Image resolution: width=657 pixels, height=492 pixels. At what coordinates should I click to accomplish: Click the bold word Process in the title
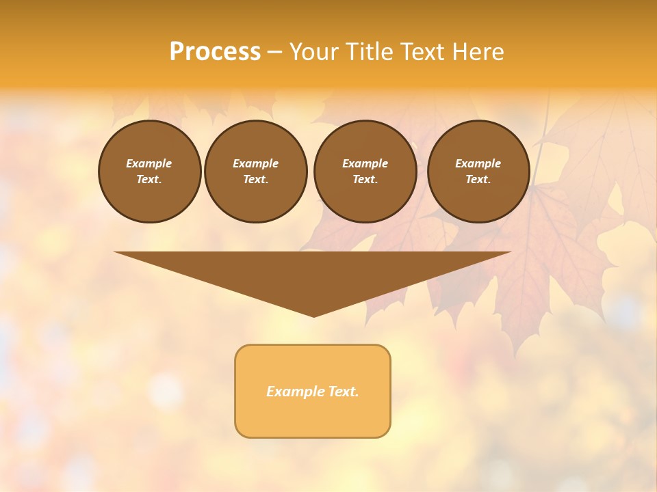pos(215,52)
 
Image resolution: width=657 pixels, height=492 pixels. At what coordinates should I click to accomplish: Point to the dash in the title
pos(274,53)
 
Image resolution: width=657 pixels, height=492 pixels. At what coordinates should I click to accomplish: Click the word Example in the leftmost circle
pos(149,163)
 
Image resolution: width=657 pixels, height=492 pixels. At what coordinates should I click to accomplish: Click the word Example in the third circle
pos(365,163)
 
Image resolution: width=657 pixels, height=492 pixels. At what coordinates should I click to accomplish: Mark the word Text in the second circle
pos(255,179)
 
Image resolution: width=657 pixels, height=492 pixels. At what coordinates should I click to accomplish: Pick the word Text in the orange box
pos(342,392)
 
